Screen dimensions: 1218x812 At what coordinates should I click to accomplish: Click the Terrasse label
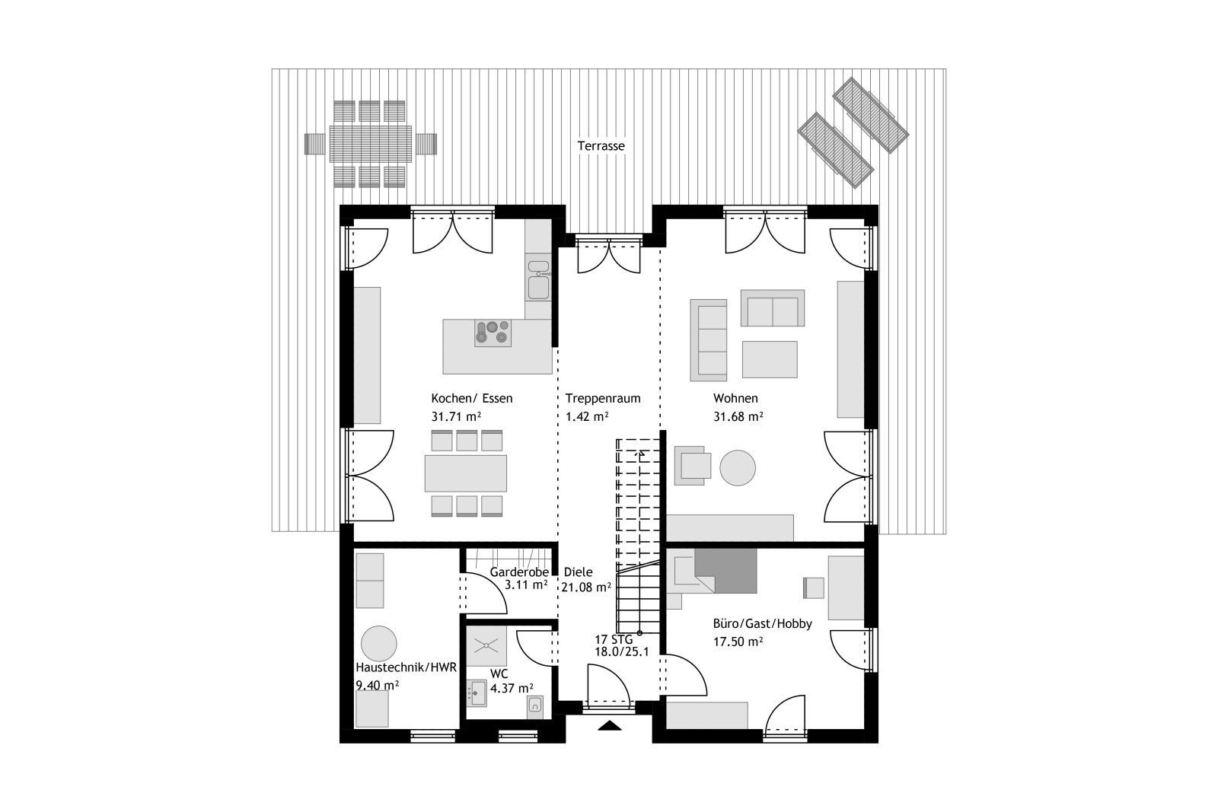pyautogui.click(x=601, y=145)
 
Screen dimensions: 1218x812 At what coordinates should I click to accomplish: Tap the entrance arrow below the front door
pyautogui.click(x=610, y=725)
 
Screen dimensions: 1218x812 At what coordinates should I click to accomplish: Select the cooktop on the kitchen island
pyautogui.click(x=493, y=333)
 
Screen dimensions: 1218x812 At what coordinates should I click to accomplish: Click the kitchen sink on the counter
pyautogui.click(x=538, y=279)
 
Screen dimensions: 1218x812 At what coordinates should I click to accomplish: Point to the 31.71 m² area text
pyautogui.click(x=456, y=417)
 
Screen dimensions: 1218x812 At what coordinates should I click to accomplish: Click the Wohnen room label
pyautogui.click(x=735, y=399)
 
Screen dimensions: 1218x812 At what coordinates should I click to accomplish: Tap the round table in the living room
pyautogui.click(x=738, y=467)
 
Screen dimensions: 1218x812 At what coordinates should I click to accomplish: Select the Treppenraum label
pyautogui.click(x=602, y=399)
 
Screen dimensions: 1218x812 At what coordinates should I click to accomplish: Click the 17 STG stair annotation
pyautogui.click(x=614, y=640)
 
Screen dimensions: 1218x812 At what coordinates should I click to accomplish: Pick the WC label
pyautogui.click(x=499, y=674)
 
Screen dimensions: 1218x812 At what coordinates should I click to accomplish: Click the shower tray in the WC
pyautogui.click(x=486, y=645)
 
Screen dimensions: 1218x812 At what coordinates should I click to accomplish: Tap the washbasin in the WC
pyautogui.click(x=477, y=693)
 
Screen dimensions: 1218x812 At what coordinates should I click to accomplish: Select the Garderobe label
pyautogui.click(x=518, y=572)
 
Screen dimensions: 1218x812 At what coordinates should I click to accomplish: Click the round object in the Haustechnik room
pyautogui.click(x=378, y=644)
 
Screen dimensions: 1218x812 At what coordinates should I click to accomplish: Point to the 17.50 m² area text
pyautogui.click(x=738, y=642)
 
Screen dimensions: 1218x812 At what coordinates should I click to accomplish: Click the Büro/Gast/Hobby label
pyautogui.click(x=762, y=623)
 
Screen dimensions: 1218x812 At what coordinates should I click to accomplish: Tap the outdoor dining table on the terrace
pyautogui.click(x=371, y=144)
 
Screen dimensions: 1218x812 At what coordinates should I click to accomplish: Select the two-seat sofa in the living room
pyautogui.click(x=772, y=308)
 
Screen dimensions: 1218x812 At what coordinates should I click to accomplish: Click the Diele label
pyautogui.click(x=578, y=572)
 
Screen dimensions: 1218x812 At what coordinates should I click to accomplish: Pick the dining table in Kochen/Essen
pyautogui.click(x=465, y=473)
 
